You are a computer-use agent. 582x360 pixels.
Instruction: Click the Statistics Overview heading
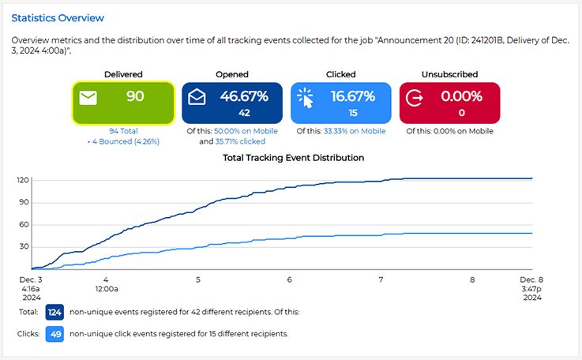(x=58, y=17)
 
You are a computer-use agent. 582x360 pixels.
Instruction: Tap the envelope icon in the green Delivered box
(x=88, y=99)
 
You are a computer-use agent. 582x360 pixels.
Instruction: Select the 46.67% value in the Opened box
(x=244, y=96)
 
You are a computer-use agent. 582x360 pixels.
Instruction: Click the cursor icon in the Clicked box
(x=305, y=97)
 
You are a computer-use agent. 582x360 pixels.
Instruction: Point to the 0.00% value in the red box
(x=461, y=96)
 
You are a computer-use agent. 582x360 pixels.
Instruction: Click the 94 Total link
(x=124, y=131)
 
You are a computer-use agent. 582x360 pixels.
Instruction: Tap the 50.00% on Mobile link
(x=245, y=131)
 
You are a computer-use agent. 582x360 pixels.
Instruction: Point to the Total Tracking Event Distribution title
(x=294, y=158)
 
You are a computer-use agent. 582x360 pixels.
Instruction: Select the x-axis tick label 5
(x=197, y=279)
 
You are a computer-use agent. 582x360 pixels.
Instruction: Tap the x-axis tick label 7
(x=381, y=279)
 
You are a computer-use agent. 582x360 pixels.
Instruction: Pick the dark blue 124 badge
(x=54, y=312)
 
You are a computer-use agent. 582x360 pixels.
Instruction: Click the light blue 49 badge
(x=54, y=334)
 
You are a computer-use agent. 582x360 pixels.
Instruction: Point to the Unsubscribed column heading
(x=449, y=74)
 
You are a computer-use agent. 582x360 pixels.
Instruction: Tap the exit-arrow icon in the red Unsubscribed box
(x=415, y=98)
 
